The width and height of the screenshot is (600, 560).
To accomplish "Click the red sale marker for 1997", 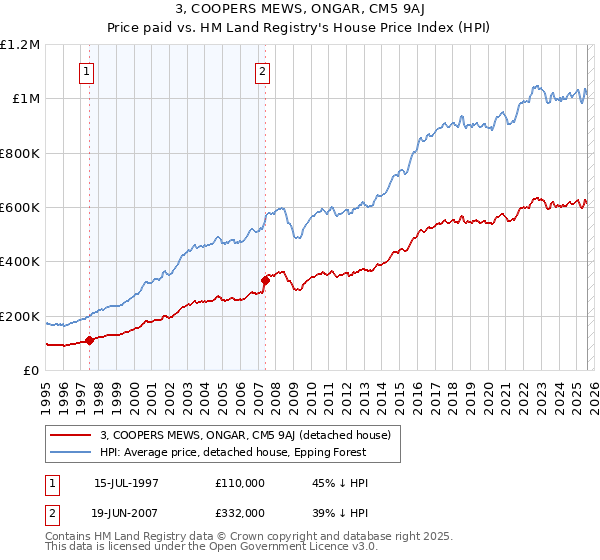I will coord(89,340).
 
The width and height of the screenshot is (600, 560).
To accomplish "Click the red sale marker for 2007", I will coord(266,280).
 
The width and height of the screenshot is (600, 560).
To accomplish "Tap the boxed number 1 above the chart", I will coord(88,71).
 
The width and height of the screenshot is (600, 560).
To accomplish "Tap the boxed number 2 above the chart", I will coord(262,71).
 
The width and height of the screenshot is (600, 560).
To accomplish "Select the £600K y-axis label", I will coord(20,208).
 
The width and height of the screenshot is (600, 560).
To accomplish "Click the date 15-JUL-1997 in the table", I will coord(127,483).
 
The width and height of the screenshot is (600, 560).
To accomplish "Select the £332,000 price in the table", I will coord(240,512).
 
